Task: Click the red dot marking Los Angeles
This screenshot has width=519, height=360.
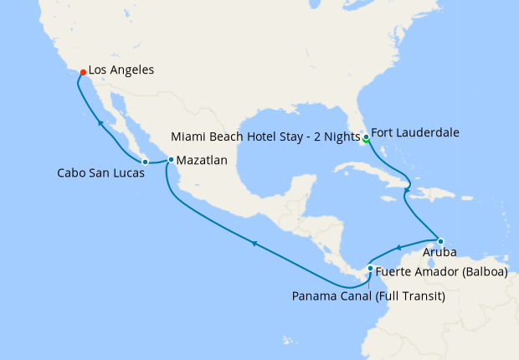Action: pyautogui.click(x=82, y=72)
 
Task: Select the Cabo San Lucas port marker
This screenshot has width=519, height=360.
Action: pyautogui.click(x=145, y=161)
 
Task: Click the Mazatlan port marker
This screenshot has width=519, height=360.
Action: pyautogui.click(x=171, y=159)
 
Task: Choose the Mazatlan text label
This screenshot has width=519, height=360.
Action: pyautogui.click(x=202, y=159)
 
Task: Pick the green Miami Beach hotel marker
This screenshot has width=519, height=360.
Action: pyautogui.click(x=367, y=140)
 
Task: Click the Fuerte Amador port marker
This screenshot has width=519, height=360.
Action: pyautogui.click(x=370, y=269)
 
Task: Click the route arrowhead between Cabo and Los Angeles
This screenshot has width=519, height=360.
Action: pyautogui.click(x=100, y=123)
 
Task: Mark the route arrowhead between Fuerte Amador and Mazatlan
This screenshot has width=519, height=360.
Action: pyautogui.click(x=254, y=243)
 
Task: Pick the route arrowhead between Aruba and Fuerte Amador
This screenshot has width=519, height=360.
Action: pyautogui.click(x=399, y=247)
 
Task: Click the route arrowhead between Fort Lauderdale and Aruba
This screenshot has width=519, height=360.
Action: pyautogui.click(x=407, y=192)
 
